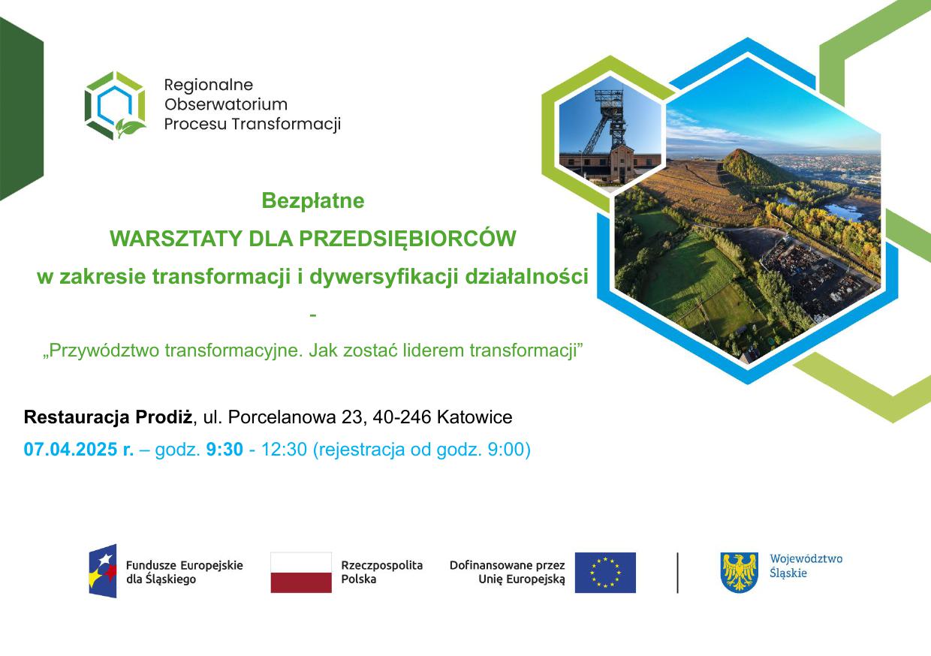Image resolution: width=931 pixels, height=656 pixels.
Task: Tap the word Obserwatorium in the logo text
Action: point(226,104)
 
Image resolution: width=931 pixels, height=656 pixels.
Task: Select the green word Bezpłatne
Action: point(313,200)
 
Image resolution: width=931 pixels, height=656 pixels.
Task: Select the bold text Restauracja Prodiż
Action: point(108,417)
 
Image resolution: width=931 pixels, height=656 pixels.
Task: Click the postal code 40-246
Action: point(402,417)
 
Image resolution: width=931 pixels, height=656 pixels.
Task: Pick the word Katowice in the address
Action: point(475,417)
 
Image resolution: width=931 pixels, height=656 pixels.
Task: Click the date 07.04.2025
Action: point(71,449)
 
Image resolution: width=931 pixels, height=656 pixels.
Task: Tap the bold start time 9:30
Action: point(224,449)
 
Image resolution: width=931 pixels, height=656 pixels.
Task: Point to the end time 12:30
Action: point(284,449)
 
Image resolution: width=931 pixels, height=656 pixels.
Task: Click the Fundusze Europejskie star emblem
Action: point(102,571)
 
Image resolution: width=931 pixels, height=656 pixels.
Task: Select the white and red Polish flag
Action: point(301,572)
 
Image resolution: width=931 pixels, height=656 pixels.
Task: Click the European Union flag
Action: point(605,572)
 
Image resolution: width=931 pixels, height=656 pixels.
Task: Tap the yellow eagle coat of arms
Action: point(739,572)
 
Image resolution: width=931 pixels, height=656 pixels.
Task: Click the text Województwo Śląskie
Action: point(806,566)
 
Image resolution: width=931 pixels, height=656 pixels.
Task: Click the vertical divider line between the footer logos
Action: point(677,573)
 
